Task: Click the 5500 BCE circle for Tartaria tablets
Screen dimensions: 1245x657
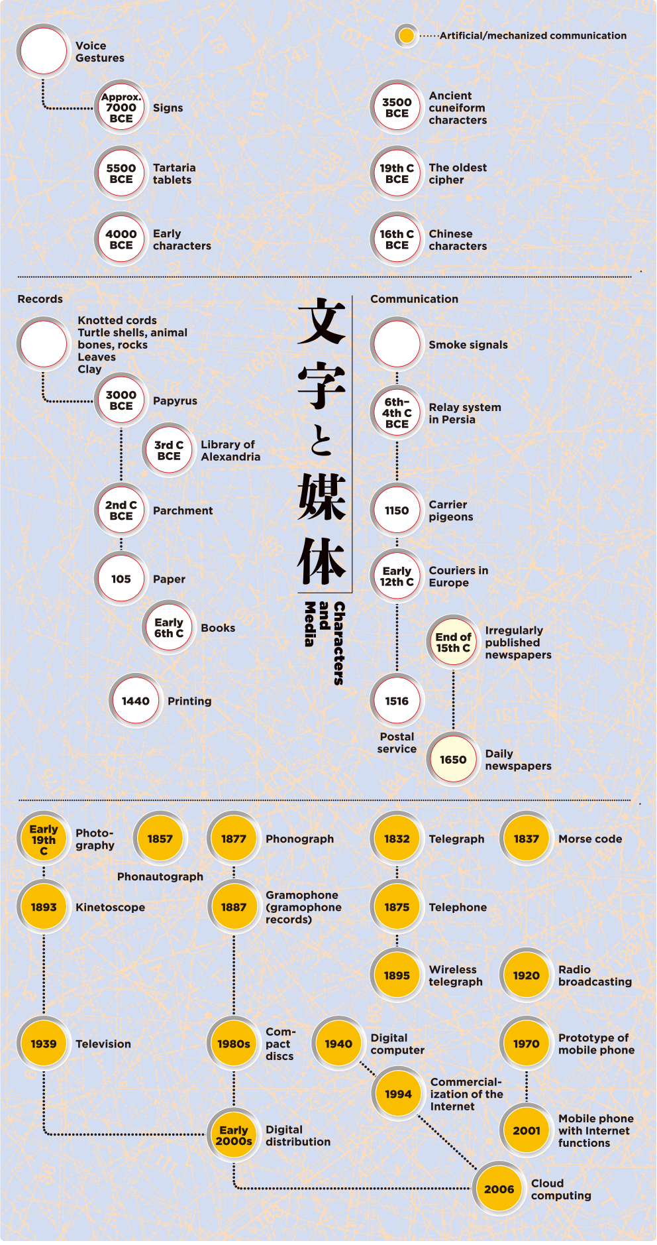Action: [x=121, y=174]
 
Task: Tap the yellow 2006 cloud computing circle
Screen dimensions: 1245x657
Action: [x=499, y=1189]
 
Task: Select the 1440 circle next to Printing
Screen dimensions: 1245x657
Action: [x=136, y=701]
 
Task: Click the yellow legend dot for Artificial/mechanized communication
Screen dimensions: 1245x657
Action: [x=407, y=36]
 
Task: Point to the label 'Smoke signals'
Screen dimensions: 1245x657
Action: [x=468, y=345]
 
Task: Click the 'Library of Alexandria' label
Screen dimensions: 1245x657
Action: [x=230, y=451]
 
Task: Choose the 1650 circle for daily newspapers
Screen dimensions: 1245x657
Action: [x=453, y=760]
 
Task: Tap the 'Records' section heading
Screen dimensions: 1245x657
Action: [x=40, y=299]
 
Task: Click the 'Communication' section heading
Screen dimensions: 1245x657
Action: [x=414, y=299]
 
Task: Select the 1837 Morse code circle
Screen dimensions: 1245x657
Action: [x=527, y=839]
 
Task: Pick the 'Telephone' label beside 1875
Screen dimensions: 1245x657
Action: [x=458, y=907]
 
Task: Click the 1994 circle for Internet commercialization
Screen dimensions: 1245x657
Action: [x=398, y=1094]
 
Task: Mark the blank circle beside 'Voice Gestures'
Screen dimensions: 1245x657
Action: [x=44, y=51]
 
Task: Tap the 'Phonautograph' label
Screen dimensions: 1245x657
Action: [x=160, y=876]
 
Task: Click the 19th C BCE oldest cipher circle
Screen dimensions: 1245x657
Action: [x=397, y=174]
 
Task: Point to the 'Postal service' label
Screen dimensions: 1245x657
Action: [x=397, y=742]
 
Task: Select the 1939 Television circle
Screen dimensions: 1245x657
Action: [x=44, y=1043]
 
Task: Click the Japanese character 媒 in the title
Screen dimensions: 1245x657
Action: [x=322, y=497]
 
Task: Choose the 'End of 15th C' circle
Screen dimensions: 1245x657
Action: [x=453, y=642]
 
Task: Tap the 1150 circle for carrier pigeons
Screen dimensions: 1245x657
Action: [x=397, y=510]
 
